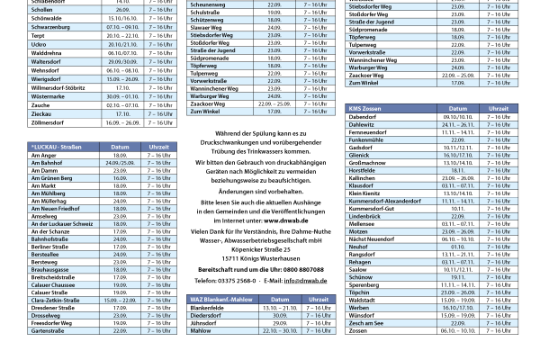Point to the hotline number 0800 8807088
(x=302, y=269)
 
